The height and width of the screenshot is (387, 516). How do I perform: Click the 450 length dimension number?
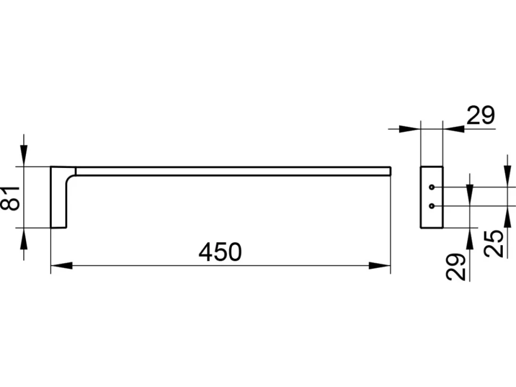[220, 252]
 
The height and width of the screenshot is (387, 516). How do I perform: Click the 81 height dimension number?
[11, 198]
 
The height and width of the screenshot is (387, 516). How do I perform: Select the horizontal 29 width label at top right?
[480, 115]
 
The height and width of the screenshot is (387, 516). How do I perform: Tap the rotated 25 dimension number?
[494, 243]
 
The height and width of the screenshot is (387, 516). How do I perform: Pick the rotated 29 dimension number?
[456, 267]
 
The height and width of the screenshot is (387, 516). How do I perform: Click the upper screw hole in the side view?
[431, 188]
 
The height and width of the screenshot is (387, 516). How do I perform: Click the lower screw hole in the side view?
[431, 206]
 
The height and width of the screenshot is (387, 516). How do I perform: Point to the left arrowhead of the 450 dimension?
[62, 266]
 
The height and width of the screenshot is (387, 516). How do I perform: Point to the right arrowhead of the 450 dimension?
[379, 266]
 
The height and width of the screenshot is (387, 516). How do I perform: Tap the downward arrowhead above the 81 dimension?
[24, 156]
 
